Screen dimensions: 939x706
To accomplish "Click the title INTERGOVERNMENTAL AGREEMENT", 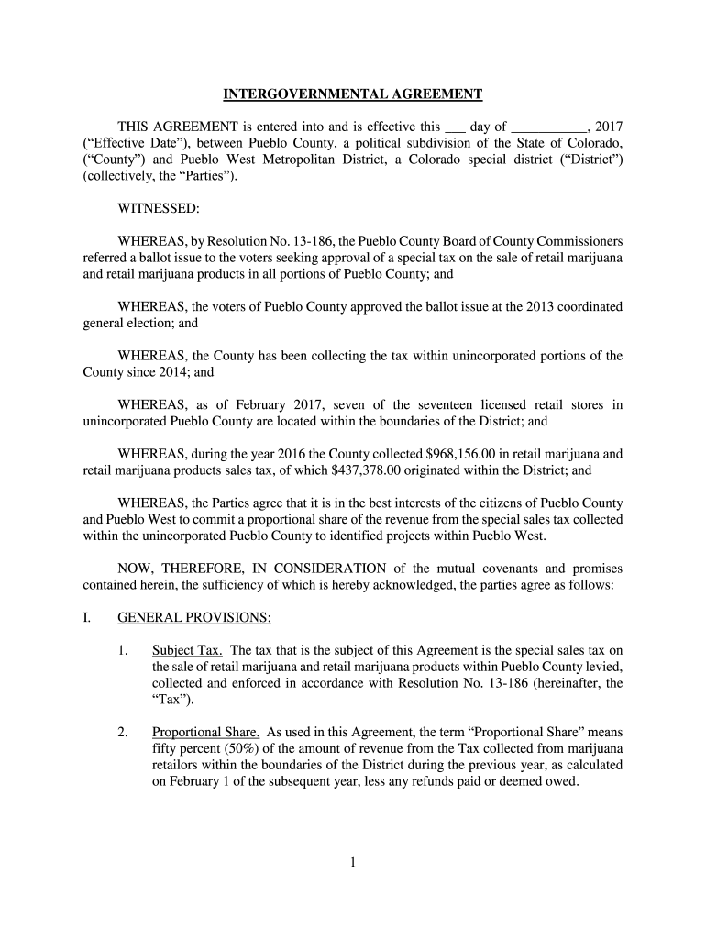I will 353,94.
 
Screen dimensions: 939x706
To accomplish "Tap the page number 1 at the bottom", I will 353,862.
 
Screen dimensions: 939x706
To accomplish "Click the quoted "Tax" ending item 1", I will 171,701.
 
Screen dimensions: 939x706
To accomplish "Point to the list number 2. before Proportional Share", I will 123,732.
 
